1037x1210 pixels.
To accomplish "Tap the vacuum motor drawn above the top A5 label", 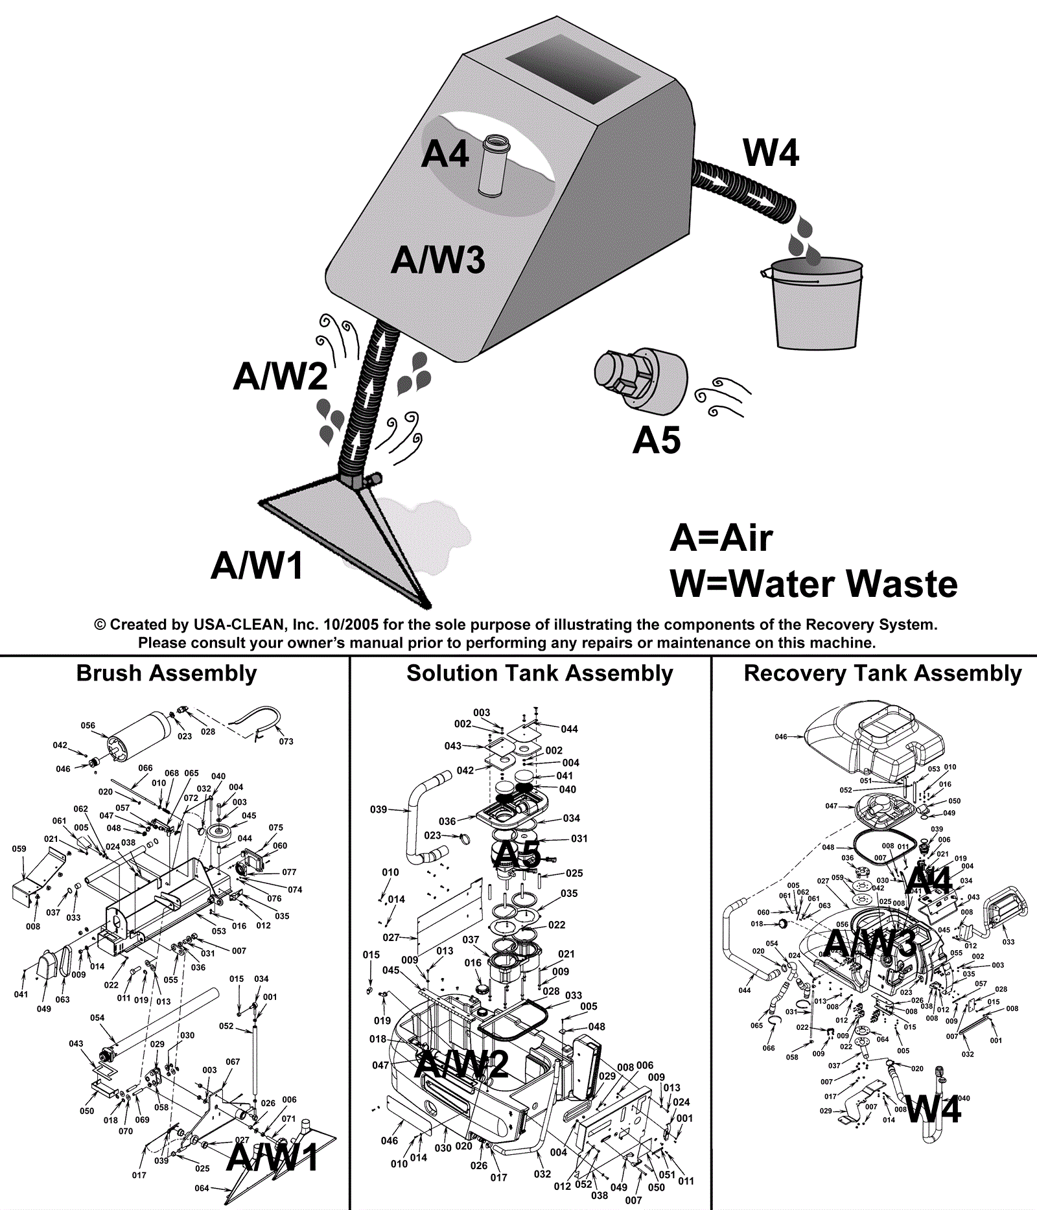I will tap(640, 378).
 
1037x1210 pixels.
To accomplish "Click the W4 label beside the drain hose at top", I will tap(771, 153).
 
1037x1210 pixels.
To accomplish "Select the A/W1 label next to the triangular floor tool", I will tap(257, 565).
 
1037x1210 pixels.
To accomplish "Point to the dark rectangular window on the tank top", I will tap(573, 68).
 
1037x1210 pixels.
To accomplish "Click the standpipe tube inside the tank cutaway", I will tap(495, 165).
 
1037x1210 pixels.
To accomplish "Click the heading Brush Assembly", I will tap(167, 673).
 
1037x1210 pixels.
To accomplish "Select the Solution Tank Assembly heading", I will tap(539, 673).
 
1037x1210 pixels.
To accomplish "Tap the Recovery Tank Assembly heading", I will tap(882, 673).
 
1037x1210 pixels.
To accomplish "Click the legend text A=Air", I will tap(721, 538).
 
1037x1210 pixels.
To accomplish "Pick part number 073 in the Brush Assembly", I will tap(286, 741).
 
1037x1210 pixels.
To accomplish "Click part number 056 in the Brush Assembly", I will tap(88, 725).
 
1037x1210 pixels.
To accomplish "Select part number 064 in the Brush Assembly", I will tap(202, 1188).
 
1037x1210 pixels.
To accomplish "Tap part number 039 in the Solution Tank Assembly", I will tap(379, 809).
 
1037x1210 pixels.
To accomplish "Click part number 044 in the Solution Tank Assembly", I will tap(570, 729).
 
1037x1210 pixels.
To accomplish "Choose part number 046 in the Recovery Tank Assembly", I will tap(781, 736).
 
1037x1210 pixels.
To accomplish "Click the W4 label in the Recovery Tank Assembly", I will tap(933, 1109).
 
